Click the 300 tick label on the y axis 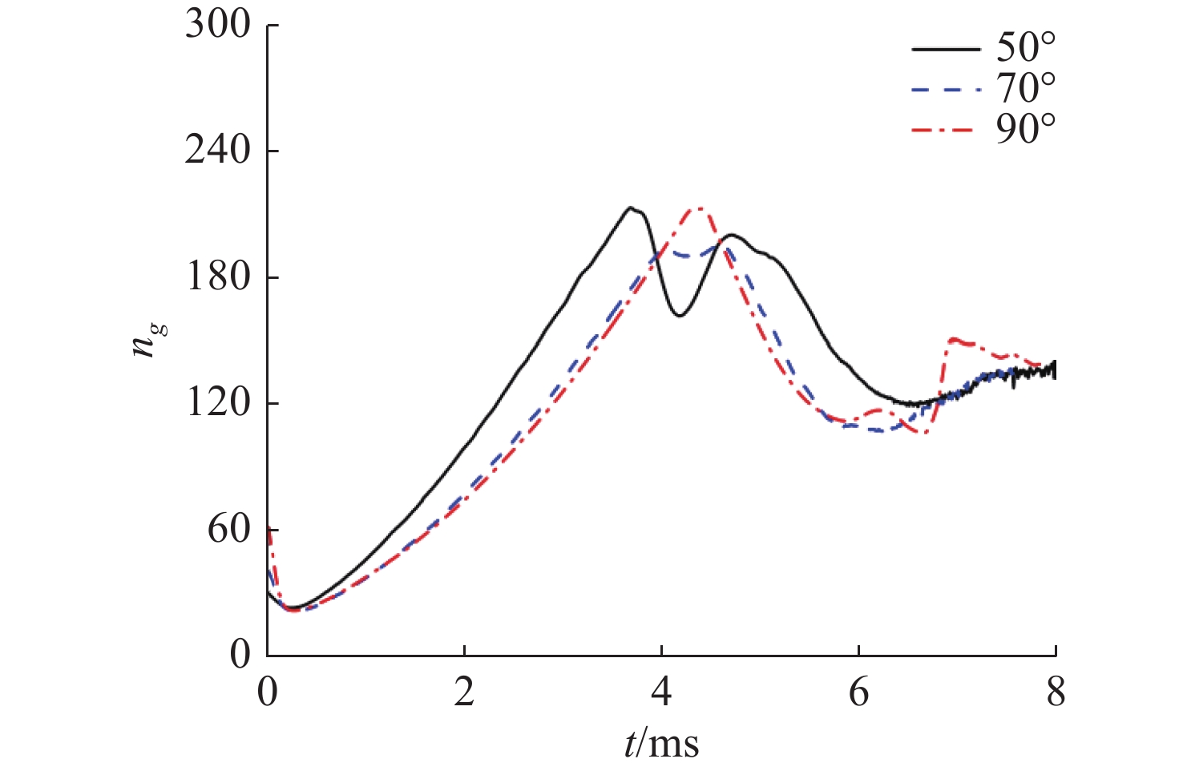coord(218,25)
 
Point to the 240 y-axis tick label coord(218,151)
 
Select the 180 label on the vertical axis coord(218,277)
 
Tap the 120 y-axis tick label coord(218,402)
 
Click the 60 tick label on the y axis coord(229,529)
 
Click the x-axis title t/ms coord(661,743)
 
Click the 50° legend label coord(1026,48)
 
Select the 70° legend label coord(1026,88)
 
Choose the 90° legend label coord(1026,128)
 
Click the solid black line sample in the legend coord(946,50)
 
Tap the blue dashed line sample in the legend coord(946,90)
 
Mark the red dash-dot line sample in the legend coord(946,130)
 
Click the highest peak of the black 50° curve coord(632,208)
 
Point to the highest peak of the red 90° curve coord(698,208)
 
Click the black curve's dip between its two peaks coord(679,316)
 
